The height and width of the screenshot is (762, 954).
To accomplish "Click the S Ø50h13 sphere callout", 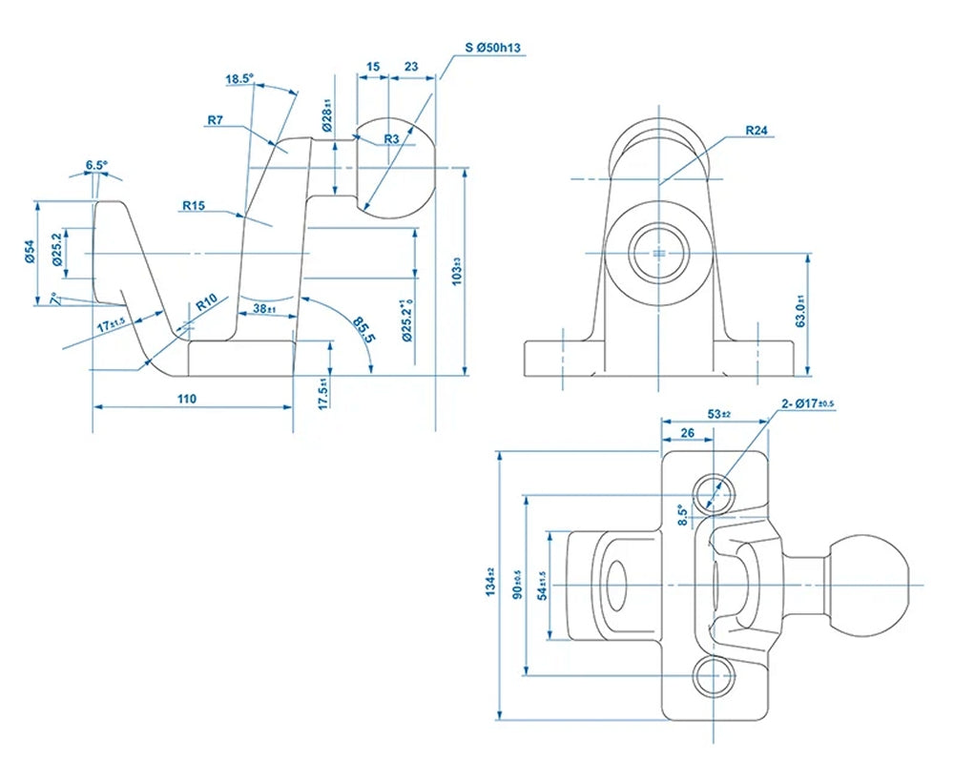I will [492, 47].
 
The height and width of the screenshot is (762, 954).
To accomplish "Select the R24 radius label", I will [757, 130].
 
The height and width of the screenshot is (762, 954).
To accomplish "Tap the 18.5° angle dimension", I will [240, 79].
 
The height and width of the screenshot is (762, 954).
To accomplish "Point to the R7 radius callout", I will [215, 120].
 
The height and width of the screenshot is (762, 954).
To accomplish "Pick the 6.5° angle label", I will [96, 165].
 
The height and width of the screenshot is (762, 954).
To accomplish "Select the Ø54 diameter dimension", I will [30, 252].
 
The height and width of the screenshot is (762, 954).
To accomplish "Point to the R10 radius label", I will [207, 302].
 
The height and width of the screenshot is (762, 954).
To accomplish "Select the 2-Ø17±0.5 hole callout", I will [808, 404].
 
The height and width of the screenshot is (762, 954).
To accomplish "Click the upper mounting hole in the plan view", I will [715, 493].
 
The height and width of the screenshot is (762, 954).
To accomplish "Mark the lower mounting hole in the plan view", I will [715, 677].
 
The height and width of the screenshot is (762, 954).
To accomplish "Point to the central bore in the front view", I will [658, 253].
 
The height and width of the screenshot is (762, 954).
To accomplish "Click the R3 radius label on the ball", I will [391, 139].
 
